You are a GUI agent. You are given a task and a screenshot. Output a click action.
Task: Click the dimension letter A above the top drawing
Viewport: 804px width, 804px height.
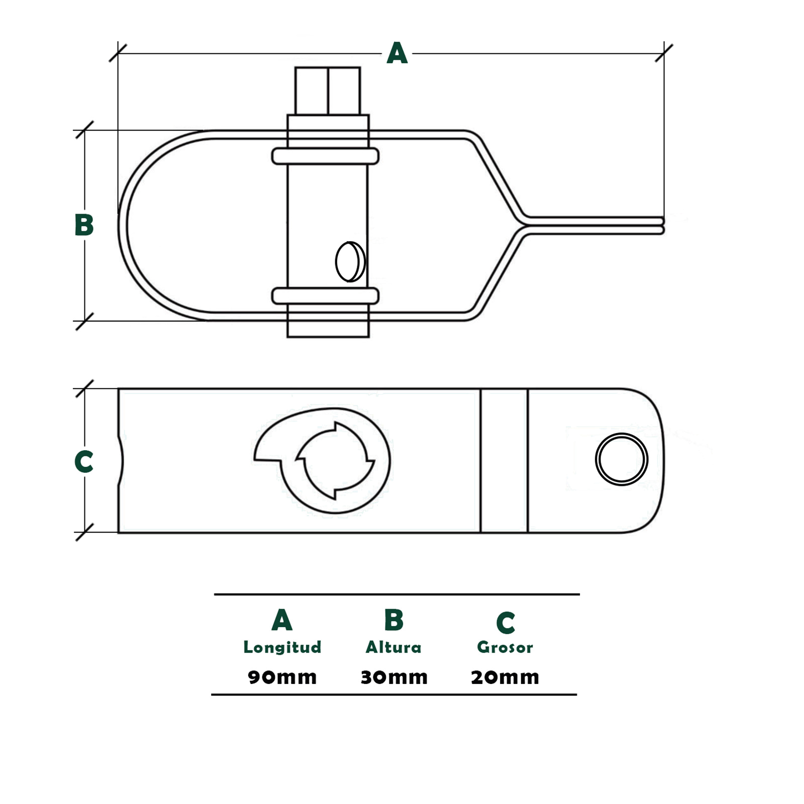396,53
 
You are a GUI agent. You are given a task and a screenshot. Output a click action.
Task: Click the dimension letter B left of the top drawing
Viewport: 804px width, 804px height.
84,225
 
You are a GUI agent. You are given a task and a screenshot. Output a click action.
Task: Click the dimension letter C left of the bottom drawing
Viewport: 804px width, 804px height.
84,461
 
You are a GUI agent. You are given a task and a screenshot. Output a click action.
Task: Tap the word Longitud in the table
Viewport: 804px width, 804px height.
282,647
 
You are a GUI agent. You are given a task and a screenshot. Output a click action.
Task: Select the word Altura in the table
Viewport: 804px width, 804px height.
393,647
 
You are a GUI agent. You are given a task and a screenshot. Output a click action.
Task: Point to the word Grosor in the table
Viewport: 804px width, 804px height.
505,647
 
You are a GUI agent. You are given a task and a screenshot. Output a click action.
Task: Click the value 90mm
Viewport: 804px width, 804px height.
282,677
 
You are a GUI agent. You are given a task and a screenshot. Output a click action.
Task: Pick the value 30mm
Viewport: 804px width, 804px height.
394,677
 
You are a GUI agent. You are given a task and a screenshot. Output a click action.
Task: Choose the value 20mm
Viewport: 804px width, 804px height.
505,677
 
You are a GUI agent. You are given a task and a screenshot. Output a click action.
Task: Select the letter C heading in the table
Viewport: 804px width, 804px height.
506,623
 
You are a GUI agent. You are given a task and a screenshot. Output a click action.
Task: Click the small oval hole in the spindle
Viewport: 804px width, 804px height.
350,262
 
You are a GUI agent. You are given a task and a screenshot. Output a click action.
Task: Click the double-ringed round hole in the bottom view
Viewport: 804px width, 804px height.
622,459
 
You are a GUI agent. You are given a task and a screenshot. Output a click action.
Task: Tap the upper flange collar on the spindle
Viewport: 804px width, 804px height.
325,156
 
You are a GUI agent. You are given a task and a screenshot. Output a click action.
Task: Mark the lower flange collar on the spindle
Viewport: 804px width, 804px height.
325,296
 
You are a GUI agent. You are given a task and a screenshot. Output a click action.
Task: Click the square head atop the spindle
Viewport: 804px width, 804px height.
328,91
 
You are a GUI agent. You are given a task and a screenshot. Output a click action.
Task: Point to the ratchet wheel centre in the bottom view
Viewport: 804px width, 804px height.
335,460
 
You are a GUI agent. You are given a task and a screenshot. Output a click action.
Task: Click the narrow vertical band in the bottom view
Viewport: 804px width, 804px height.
504,460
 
